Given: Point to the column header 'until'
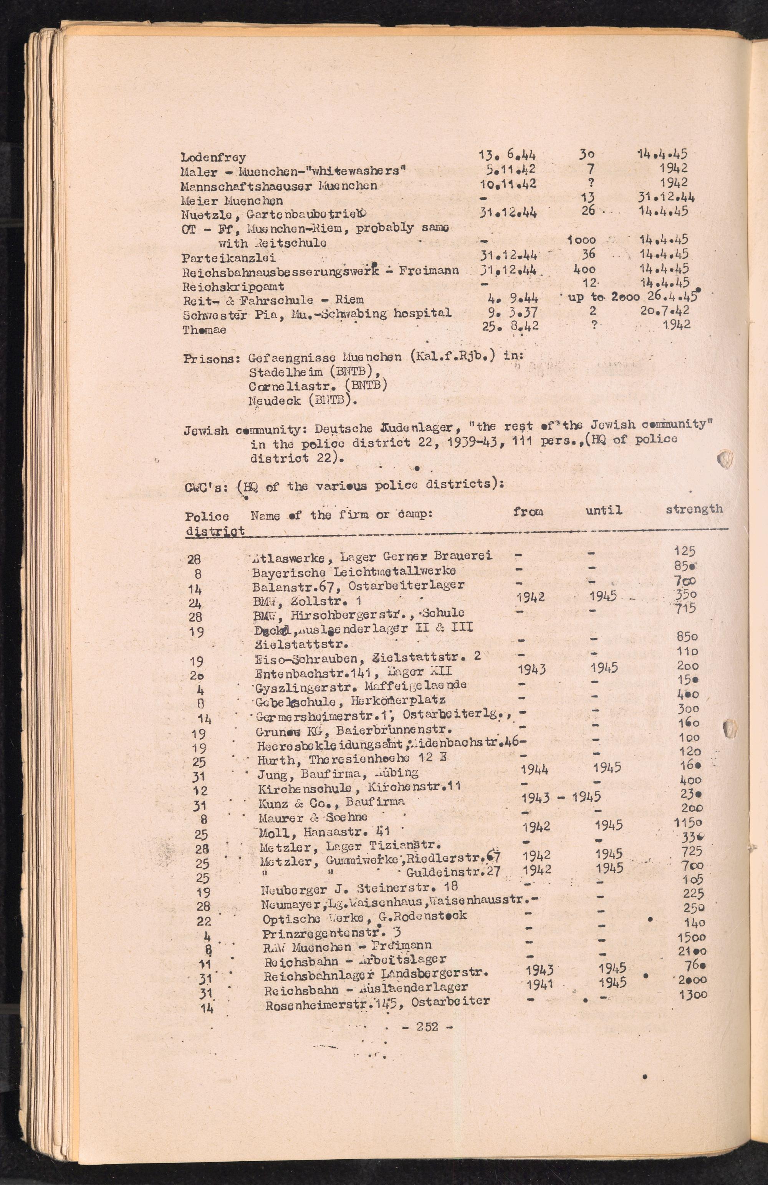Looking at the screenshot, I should click(604, 510).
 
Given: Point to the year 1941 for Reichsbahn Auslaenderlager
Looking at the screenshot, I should click(540, 984).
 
